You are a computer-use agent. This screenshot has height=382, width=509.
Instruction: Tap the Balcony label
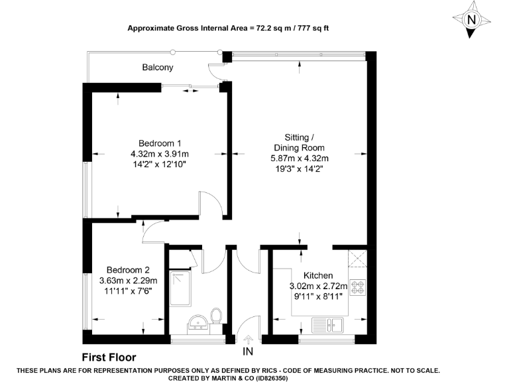(x=158, y=68)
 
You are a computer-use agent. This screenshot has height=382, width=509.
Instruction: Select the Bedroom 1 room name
(x=160, y=143)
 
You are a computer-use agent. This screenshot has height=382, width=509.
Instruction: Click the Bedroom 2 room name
(x=128, y=270)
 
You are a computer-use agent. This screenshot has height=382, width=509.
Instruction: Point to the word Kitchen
(x=318, y=276)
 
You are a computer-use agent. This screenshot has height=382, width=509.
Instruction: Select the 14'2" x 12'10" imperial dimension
(x=160, y=164)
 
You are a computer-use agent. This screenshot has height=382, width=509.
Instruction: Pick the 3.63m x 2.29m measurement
(x=128, y=281)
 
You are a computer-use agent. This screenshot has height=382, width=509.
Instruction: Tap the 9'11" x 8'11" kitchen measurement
(x=318, y=296)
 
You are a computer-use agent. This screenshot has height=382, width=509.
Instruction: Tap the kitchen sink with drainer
(x=327, y=325)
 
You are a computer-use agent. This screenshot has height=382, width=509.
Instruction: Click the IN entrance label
(x=249, y=351)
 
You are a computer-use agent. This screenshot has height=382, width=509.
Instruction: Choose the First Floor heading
(x=109, y=357)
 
